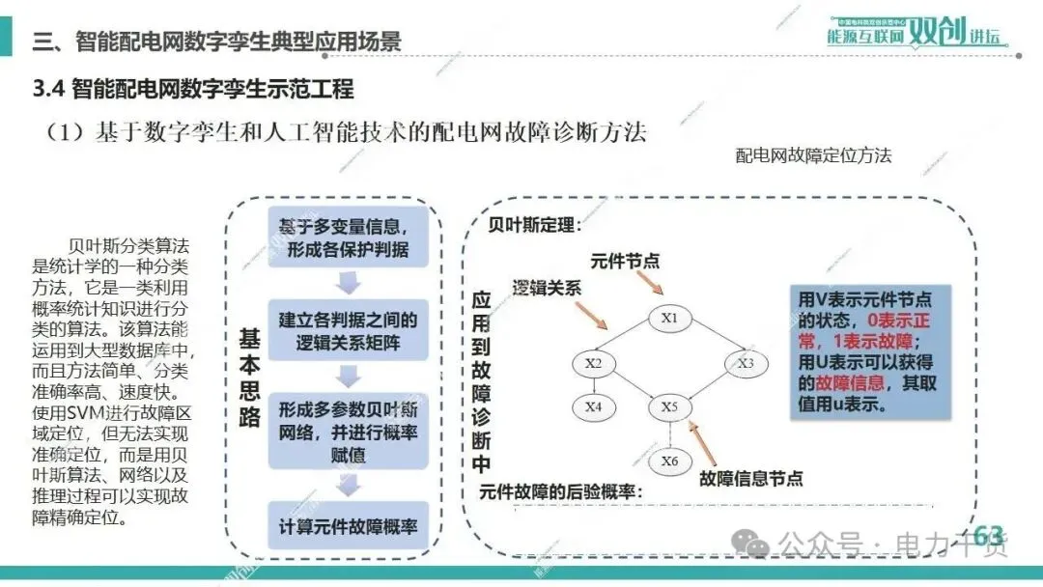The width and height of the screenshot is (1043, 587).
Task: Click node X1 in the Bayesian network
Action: (x=669, y=318)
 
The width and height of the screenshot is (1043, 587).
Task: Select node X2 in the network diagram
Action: (x=593, y=363)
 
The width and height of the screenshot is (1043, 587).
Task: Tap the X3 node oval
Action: (x=745, y=363)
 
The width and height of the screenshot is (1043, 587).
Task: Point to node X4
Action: (x=593, y=407)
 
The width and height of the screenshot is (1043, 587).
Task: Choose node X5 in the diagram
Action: (x=669, y=407)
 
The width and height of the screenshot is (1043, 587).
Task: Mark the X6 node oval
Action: (x=669, y=461)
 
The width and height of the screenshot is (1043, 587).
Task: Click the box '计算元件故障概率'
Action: (x=348, y=527)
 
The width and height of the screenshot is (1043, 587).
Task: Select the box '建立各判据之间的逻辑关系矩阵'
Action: (x=348, y=331)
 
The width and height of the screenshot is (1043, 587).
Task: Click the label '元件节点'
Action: (x=625, y=261)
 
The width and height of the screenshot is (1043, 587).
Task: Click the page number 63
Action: (x=988, y=535)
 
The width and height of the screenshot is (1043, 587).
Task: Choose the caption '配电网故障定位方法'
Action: (x=813, y=155)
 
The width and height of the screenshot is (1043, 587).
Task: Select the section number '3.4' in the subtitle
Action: (x=48, y=90)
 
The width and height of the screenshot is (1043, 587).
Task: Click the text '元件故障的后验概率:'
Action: (x=561, y=491)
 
